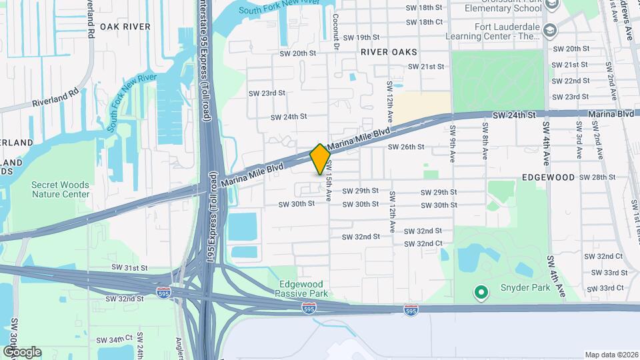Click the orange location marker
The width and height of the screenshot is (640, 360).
pos(320,159)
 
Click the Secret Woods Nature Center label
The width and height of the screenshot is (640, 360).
pos(61,189)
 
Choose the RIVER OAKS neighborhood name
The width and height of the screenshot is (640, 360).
pos(389,51)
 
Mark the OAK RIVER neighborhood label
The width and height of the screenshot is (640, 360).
pos(125,27)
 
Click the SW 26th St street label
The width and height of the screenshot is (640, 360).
pos(406,147)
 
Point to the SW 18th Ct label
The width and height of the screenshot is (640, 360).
pos(425,22)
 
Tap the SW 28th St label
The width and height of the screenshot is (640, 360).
pos(597,177)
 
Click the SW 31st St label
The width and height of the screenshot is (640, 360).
pos(129,267)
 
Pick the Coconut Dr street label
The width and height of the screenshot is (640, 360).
pos(336,31)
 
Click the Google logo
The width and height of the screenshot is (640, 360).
pos(21,351)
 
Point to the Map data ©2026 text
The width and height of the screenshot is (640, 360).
pos(611,355)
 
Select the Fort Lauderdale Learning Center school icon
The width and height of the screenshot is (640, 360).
pos(550,30)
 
